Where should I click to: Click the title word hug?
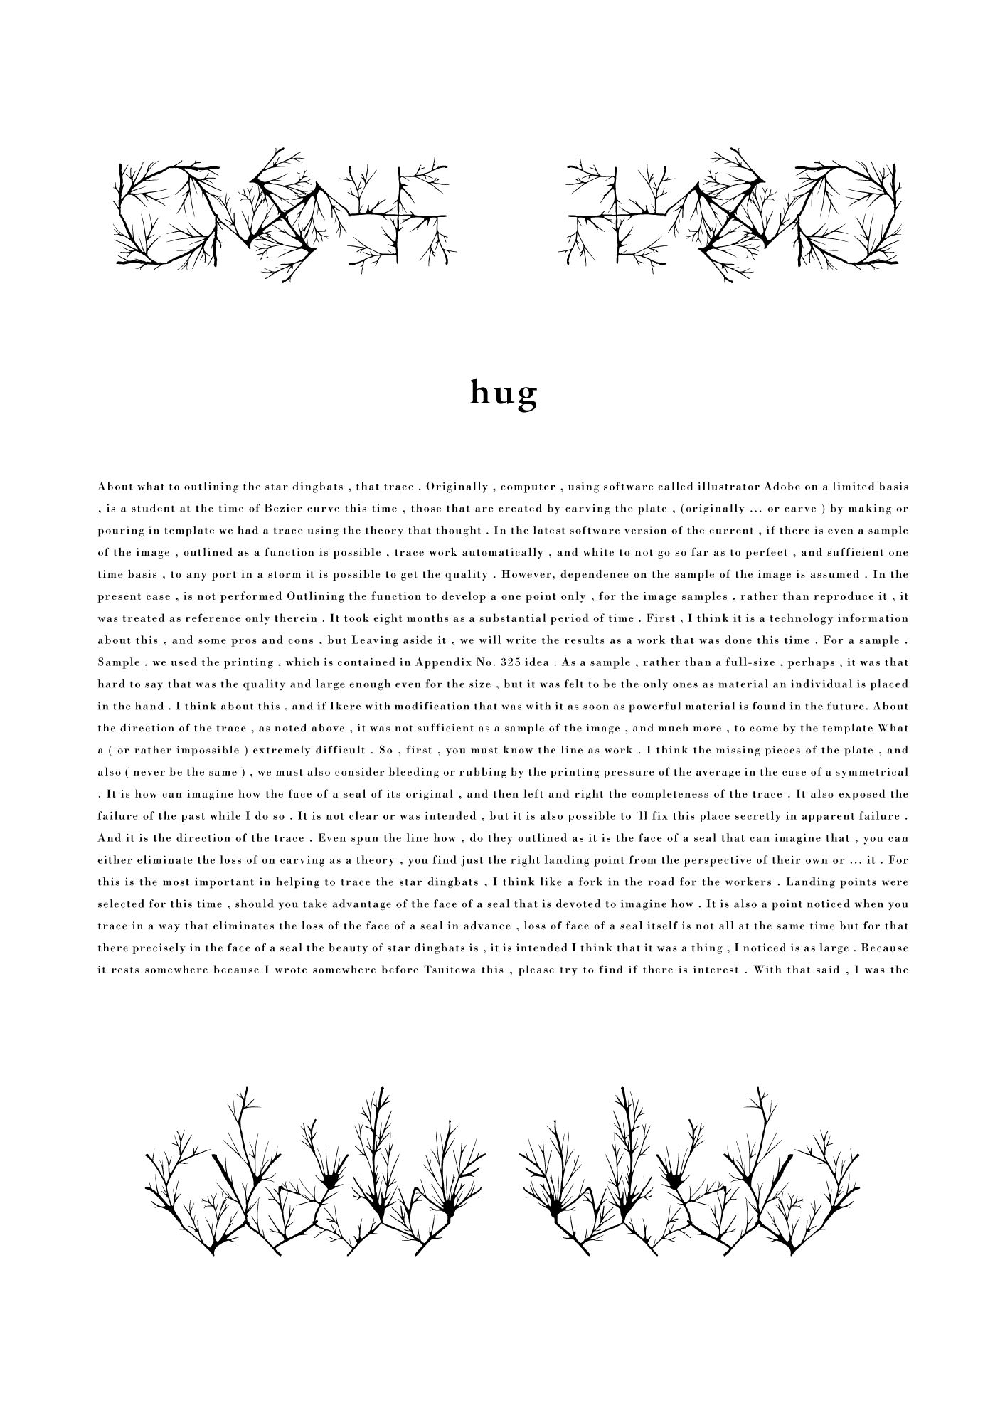point(503,393)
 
